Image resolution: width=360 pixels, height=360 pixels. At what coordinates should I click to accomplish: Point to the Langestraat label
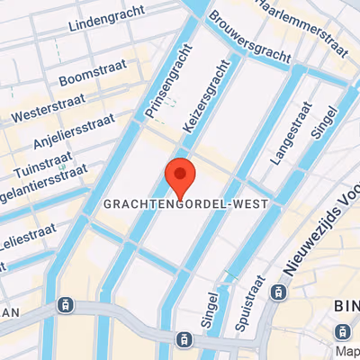pos(287,133)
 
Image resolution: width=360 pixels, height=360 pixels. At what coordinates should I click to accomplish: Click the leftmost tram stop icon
pos(64,304)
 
